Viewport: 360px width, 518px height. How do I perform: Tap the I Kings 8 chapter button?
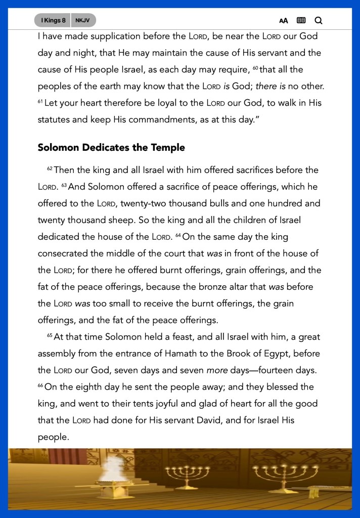[53, 20]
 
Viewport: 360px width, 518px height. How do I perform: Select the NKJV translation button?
[83, 20]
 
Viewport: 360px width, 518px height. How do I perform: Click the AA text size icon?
[284, 21]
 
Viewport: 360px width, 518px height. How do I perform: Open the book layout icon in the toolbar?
[301, 21]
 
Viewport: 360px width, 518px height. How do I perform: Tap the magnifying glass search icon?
[319, 21]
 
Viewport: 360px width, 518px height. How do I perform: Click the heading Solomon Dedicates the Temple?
[111, 148]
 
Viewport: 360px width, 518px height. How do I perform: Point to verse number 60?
[255, 67]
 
